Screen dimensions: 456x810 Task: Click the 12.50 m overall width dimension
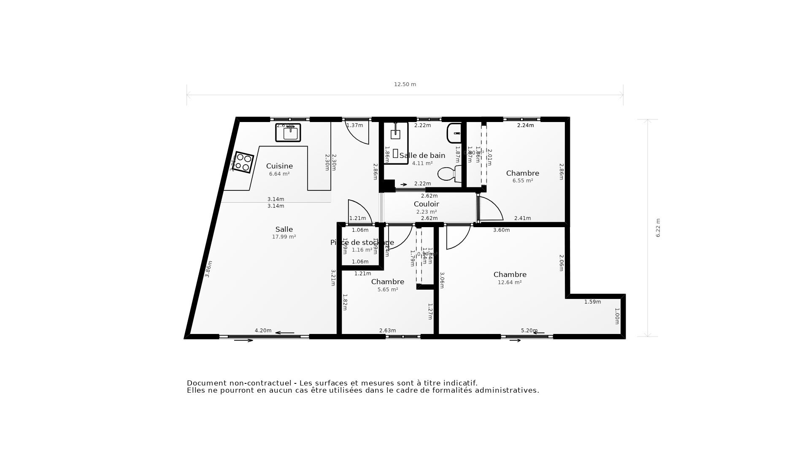(405, 84)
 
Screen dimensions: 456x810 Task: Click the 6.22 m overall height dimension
(658, 228)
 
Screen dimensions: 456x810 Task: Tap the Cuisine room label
(279, 166)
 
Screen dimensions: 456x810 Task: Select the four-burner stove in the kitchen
(243, 162)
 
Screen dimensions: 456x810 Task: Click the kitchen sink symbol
(288, 133)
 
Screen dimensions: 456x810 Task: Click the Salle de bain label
(422, 155)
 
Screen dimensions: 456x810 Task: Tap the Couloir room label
(426, 204)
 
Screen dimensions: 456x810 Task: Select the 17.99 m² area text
(284, 237)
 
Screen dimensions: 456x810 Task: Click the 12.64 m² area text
(510, 282)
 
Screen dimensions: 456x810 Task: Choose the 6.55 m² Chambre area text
(523, 181)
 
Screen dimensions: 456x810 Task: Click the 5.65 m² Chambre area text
(388, 290)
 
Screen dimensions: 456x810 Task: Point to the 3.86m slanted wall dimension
(208, 269)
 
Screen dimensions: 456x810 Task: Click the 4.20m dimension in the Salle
(263, 331)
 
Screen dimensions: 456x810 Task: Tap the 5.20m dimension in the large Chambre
(529, 331)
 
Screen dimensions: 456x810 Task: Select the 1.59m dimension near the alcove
(592, 302)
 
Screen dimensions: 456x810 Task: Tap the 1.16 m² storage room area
(362, 250)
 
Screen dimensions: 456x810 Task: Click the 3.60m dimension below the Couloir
(501, 230)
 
